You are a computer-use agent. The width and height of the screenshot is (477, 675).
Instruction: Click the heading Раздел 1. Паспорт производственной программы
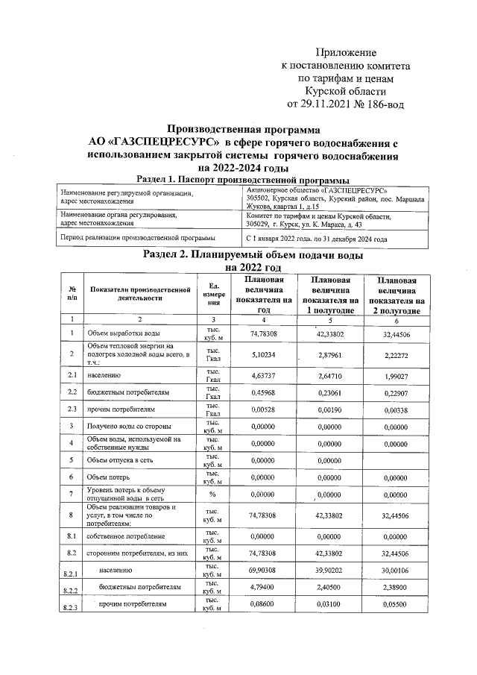pyautogui.click(x=243, y=180)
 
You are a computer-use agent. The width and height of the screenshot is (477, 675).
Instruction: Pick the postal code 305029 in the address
pyautogui.click(x=260, y=224)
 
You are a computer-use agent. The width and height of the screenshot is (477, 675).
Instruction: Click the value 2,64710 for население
pyautogui.click(x=329, y=375)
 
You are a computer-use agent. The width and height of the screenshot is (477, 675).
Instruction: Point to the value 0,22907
pyautogui.click(x=395, y=392)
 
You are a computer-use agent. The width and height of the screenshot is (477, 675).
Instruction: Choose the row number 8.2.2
pyautogui.click(x=73, y=589)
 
